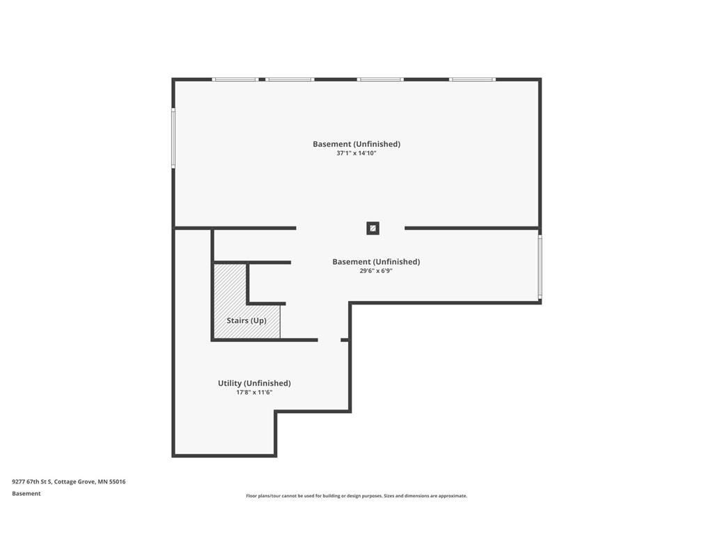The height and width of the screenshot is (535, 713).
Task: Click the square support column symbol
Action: pos(373,228)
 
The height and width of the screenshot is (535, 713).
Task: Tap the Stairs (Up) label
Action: pos(246,320)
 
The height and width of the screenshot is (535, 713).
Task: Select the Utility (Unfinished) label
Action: pos(254,383)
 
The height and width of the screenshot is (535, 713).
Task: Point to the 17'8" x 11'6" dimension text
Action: pos(254,392)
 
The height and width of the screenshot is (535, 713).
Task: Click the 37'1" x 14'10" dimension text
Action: pos(356,153)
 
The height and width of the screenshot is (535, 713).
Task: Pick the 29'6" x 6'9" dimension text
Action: pos(376,271)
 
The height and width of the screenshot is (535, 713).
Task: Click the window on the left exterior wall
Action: pos(173,138)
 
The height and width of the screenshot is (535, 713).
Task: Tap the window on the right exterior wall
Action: pos(540,267)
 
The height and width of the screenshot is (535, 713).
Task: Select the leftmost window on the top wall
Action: pos(235,79)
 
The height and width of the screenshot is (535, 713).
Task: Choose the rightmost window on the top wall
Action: pos(473,79)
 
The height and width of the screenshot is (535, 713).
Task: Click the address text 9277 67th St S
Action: pos(32,481)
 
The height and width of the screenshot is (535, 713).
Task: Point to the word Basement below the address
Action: pos(26,494)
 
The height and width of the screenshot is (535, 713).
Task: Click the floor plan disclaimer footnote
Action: pos(356,496)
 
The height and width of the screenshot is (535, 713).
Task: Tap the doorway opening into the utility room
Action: pos(329,340)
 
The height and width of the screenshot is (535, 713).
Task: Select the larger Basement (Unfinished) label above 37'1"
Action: pos(356,144)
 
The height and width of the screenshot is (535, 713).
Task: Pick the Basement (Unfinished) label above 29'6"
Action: pos(376,262)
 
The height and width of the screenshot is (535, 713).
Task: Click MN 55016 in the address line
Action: pos(111,481)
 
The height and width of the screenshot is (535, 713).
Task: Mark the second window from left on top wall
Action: pos(290,79)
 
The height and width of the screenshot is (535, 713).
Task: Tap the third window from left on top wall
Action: pos(380,79)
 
